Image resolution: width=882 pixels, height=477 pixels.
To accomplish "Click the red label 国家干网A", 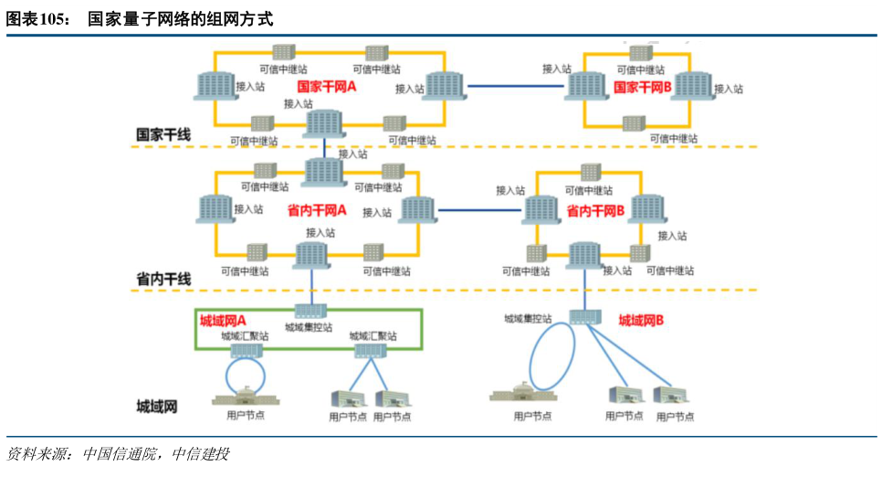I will [x=326, y=86].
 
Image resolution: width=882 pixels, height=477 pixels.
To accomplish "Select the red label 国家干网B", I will [x=643, y=87].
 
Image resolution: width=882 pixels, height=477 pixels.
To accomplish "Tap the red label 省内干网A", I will [x=317, y=210].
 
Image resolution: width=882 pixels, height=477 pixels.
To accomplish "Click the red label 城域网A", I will [x=224, y=321].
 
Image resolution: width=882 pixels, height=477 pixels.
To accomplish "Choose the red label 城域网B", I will [x=641, y=321].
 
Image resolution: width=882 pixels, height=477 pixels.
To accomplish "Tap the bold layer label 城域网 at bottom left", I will [x=156, y=406].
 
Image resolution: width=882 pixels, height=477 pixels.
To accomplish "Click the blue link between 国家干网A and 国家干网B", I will [x=516, y=86].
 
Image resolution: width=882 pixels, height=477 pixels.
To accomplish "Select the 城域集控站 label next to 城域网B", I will [x=529, y=319].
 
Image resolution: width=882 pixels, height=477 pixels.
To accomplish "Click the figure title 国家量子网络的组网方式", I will [x=180, y=19].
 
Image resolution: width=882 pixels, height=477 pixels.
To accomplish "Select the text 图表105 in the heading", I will [x=39, y=19].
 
